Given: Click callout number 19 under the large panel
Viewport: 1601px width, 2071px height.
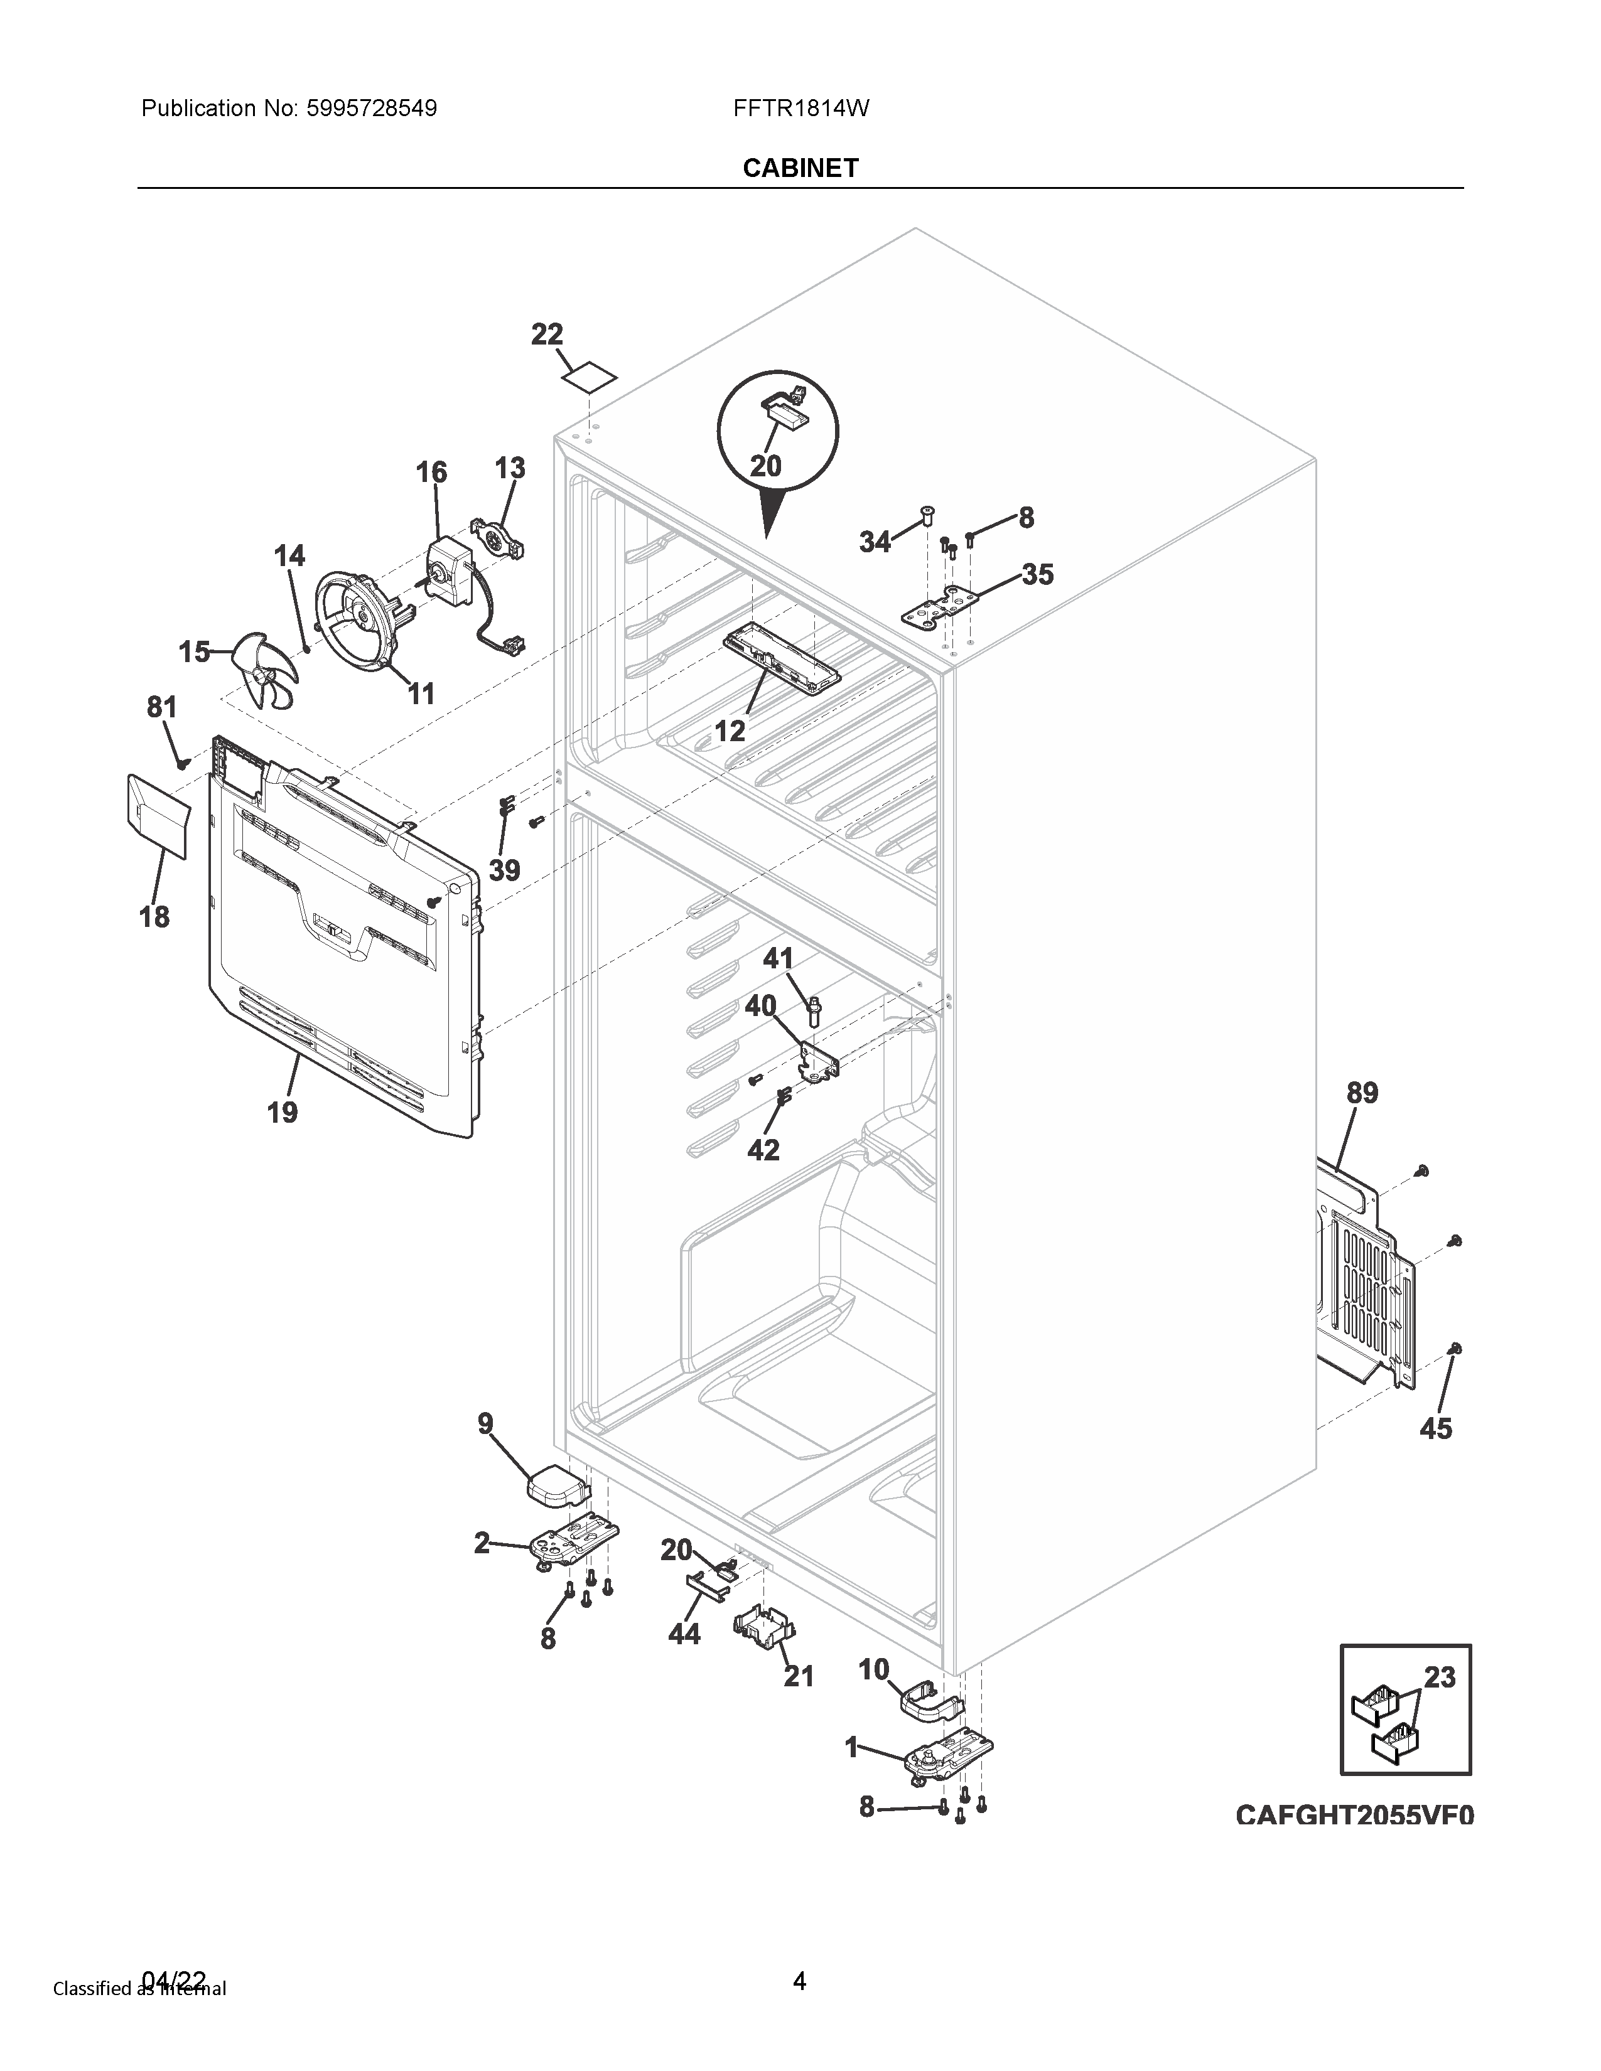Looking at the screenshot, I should pyautogui.click(x=282, y=1111).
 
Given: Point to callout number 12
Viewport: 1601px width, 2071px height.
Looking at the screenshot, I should pyautogui.click(x=730, y=731).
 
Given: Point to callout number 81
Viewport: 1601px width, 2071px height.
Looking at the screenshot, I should pyautogui.click(x=161, y=707).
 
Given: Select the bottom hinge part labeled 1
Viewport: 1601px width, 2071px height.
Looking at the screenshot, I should pyautogui.click(x=949, y=1759).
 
